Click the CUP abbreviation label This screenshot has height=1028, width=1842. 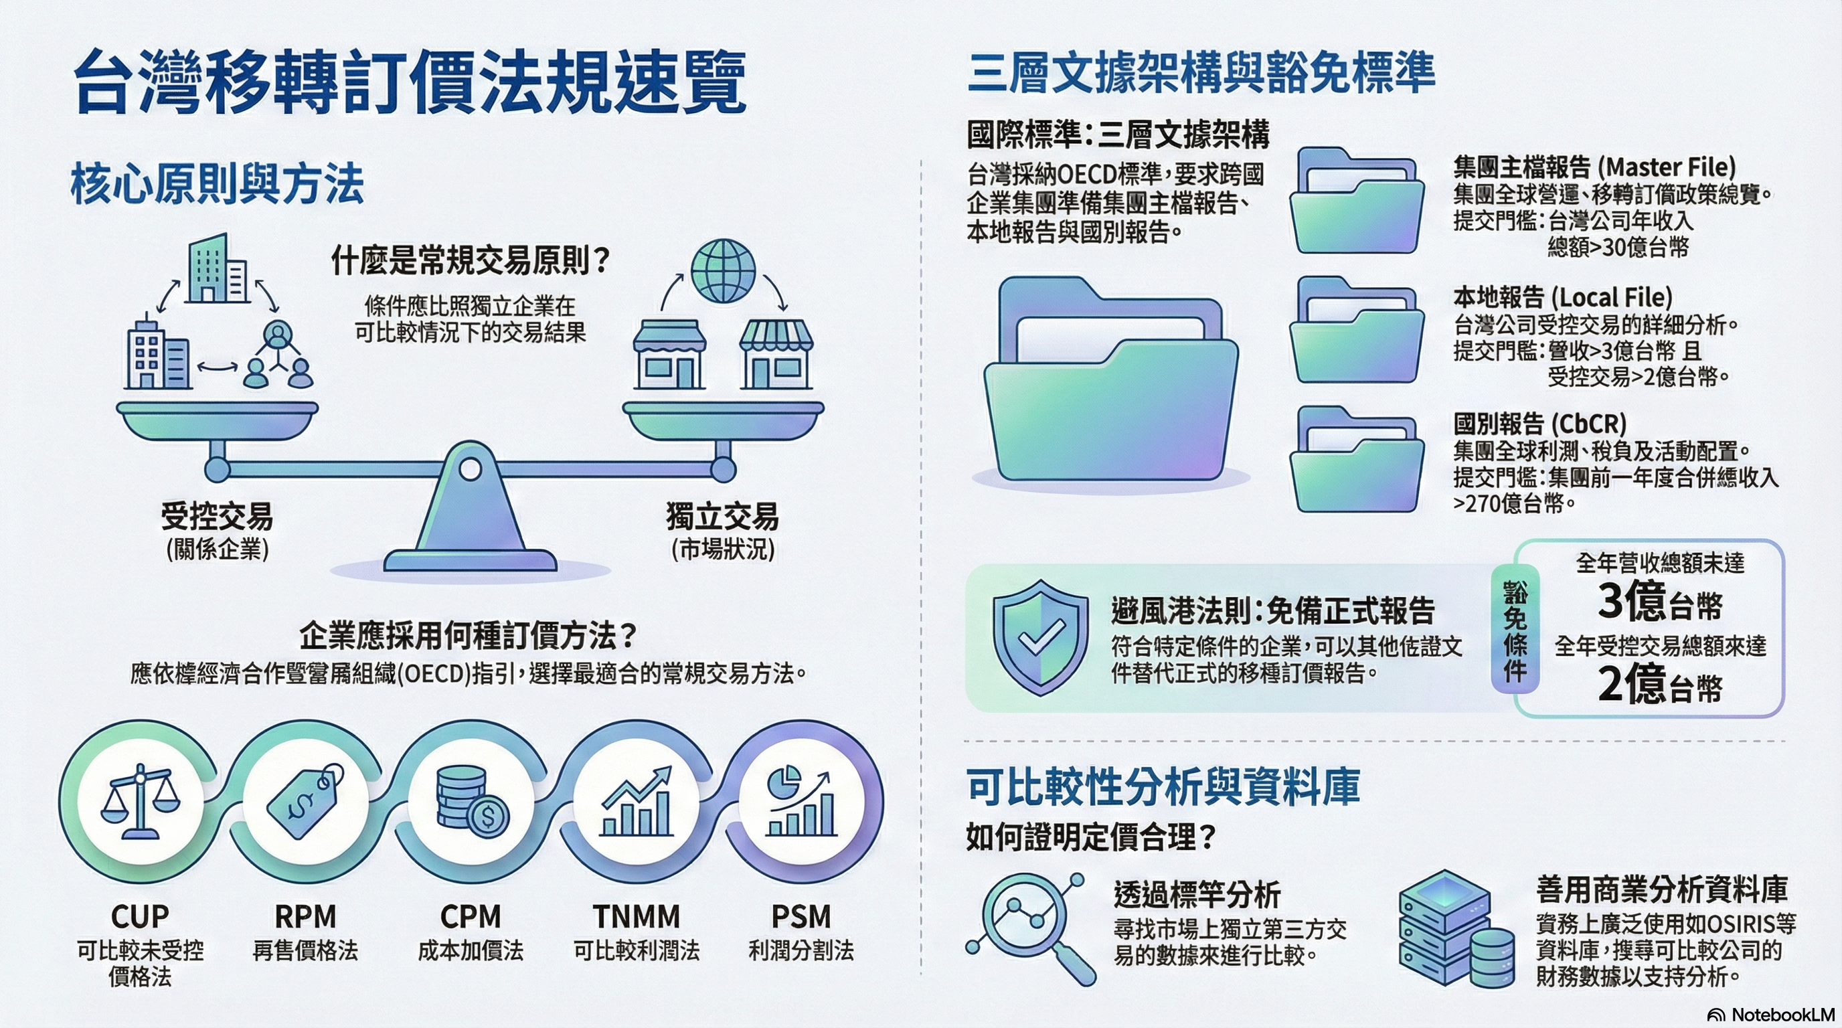click(140, 916)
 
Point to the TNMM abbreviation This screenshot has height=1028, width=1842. click(637, 916)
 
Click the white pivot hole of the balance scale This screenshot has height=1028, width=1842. click(470, 470)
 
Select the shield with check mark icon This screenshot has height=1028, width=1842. click(1040, 637)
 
